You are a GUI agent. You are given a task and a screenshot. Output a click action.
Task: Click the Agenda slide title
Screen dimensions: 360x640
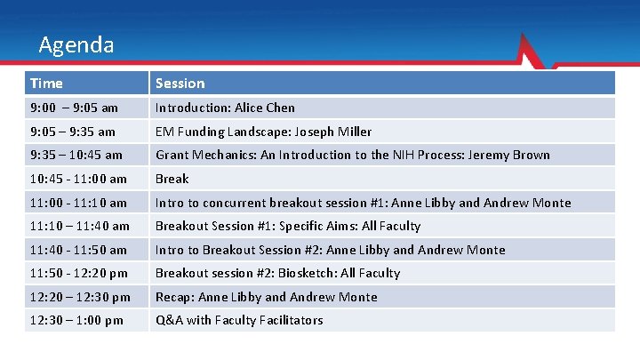76,44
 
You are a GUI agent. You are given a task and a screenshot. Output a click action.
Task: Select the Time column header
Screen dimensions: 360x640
46,84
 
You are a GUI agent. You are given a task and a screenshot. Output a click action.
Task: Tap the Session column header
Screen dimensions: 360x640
180,84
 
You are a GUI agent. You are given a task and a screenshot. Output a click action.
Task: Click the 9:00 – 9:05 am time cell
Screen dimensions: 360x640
74,108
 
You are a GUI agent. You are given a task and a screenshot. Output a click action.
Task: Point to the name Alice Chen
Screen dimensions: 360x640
265,108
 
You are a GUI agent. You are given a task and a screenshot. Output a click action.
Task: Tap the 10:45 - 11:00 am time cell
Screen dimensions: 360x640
78,179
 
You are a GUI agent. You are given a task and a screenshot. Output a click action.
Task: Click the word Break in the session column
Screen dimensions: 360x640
172,179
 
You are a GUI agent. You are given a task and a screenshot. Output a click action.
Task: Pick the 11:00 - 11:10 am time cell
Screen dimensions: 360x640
78,203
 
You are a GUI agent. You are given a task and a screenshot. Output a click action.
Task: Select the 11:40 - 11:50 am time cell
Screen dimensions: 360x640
78,250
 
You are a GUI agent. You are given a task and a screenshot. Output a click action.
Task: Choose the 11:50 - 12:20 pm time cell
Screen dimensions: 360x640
78,273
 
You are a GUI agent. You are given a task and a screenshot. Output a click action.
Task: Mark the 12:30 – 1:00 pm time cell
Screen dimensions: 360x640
76,320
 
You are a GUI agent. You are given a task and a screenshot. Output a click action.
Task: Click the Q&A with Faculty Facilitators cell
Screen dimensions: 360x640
239,320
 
